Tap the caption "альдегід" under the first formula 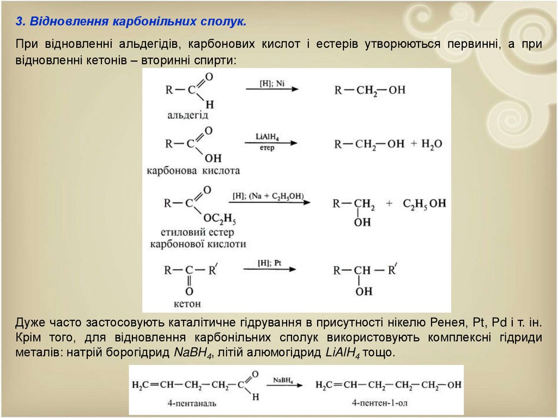[x=189, y=115]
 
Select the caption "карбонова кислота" [x=193, y=171]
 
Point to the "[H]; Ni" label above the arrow [x=272, y=83]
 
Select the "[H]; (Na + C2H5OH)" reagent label [x=268, y=196]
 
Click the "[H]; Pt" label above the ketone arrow [x=269, y=262]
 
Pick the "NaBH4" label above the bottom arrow [x=284, y=379]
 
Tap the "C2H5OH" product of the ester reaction [x=424, y=203]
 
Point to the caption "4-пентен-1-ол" [x=379, y=404]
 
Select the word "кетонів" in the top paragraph [x=106, y=59]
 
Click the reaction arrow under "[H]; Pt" [x=269, y=269]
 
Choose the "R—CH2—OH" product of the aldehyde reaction [x=370, y=90]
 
